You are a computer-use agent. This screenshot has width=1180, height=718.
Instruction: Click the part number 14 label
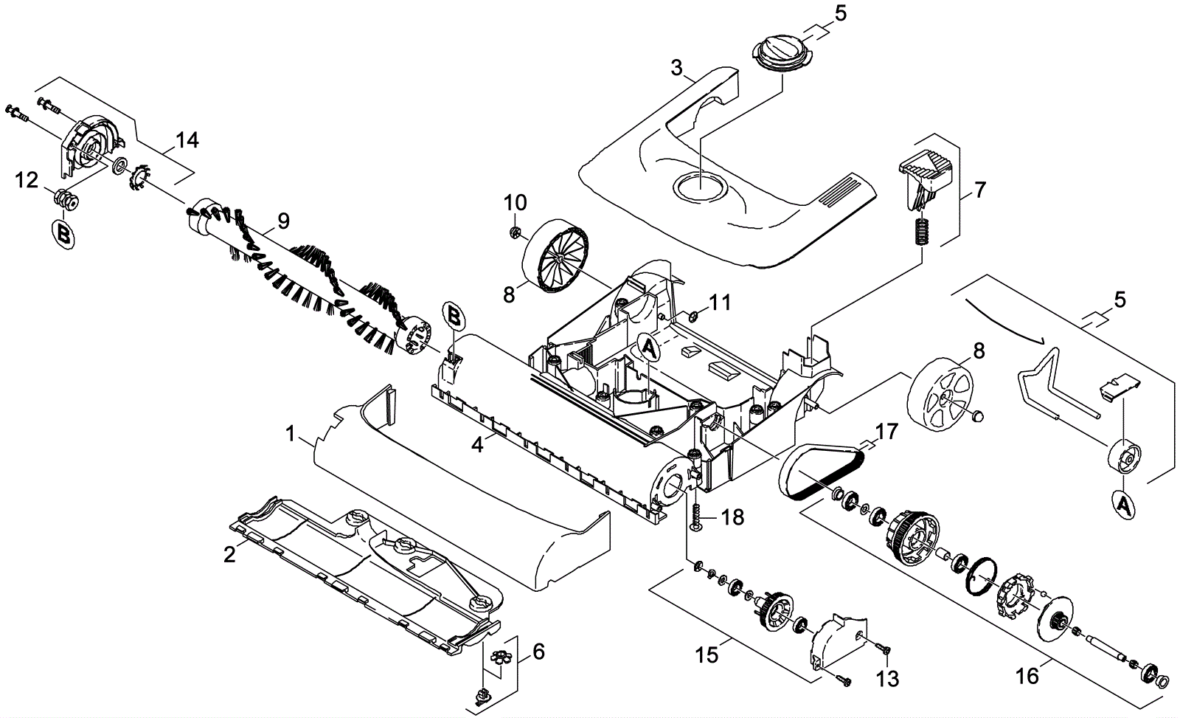point(187,140)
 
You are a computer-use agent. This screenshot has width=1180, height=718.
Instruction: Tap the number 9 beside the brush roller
point(283,220)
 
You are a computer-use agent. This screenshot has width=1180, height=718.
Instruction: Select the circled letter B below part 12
point(63,234)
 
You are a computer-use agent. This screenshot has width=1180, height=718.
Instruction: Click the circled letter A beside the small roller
point(1123,505)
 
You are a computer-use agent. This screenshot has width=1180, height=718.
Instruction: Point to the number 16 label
point(1027,674)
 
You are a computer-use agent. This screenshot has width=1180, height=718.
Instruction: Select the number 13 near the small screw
point(889,678)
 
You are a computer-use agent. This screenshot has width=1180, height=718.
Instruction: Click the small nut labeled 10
point(516,233)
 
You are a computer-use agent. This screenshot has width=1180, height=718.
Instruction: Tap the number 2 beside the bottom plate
point(229,554)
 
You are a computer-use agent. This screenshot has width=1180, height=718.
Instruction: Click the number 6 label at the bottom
point(538,652)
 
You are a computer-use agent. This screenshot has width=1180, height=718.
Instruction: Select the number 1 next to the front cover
point(291,434)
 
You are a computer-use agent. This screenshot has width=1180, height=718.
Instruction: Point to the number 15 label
point(707,655)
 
